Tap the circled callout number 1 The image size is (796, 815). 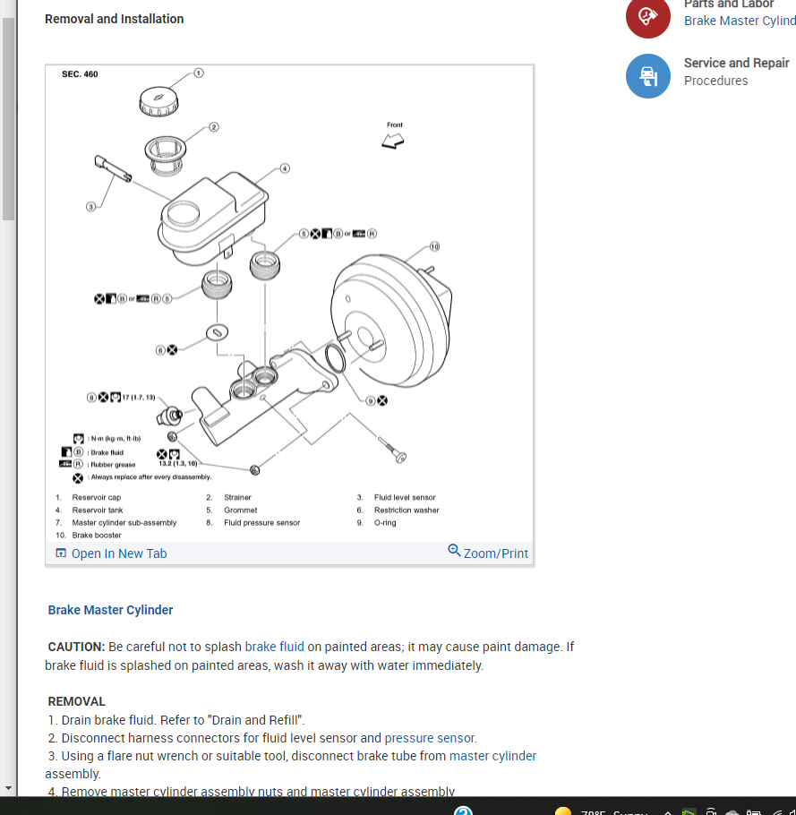coord(199,72)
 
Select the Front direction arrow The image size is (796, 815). coord(393,141)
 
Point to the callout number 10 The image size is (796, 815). coord(434,245)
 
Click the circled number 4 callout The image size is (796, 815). coord(285,167)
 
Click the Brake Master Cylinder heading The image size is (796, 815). coord(110,610)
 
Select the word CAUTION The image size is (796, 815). coord(77,647)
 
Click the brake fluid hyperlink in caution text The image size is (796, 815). coord(274,647)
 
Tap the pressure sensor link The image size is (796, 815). coord(430,738)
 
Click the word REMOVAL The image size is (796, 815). coord(77,701)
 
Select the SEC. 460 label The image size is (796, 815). coord(80,74)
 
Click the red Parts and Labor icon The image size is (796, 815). coord(647,17)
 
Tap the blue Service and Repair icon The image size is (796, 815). coord(647,76)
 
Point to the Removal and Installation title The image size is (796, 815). coord(114,19)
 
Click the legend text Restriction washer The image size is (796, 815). coord(407,510)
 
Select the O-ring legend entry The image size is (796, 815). coord(385,522)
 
